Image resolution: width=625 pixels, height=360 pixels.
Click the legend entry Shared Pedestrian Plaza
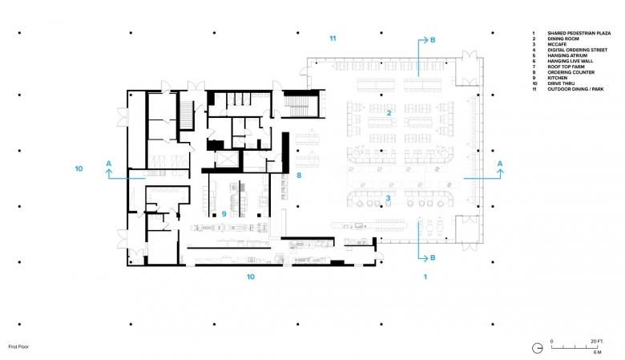(x=579, y=33)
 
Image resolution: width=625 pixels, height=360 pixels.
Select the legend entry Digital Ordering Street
(x=577, y=50)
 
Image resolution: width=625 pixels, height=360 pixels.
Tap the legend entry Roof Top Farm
(x=566, y=67)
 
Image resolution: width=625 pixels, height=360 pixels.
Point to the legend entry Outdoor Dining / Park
(x=575, y=89)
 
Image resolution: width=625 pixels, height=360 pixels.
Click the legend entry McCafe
(x=556, y=44)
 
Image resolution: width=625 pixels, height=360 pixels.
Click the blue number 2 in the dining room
(x=389, y=113)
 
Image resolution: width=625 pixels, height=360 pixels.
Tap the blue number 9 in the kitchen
(x=224, y=214)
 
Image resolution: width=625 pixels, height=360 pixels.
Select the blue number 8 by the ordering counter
(x=299, y=175)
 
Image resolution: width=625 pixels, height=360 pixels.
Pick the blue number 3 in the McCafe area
(x=388, y=198)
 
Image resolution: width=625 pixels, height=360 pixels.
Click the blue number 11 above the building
(x=333, y=38)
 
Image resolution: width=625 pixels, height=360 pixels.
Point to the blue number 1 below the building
(x=425, y=277)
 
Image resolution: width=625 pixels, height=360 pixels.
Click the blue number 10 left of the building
(x=79, y=168)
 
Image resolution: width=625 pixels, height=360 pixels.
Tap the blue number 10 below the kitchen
(x=250, y=277)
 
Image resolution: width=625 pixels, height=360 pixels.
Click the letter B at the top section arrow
(x=433, y=40)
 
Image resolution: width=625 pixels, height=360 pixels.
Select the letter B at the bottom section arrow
(x=433, y=258)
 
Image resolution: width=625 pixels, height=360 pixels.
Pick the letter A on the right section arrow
(x=500, y=164)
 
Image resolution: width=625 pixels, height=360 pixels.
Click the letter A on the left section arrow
(x=109, y=164)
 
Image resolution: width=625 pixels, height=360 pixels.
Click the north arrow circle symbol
(x=538, y=348)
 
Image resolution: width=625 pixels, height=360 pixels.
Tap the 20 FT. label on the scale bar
(x=597, y=342)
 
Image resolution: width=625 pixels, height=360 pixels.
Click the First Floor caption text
(x=18, y=347)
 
